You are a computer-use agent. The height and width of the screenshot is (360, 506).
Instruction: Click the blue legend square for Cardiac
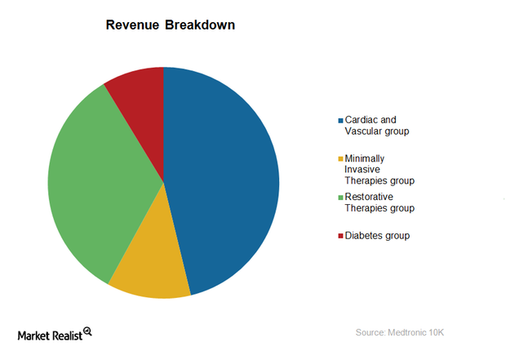tap(340, 120)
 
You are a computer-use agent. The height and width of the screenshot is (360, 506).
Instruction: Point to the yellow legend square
tap(340, 158)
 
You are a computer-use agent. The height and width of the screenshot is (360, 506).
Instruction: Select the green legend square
tap(340, 197)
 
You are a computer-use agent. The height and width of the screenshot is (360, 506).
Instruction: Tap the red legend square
tap(340, 236)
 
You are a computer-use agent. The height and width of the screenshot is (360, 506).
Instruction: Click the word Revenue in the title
tap(132, 25)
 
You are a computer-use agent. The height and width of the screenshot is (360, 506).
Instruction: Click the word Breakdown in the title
tap(200, 25)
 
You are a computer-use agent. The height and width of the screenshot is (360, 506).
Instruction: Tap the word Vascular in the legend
tap(366, 131)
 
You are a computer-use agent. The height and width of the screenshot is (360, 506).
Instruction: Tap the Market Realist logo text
tap(49, 335)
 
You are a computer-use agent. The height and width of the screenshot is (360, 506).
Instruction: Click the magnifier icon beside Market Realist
tap(87, 331)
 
